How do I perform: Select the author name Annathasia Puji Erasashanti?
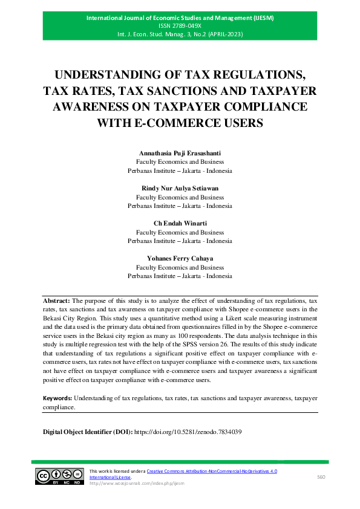click(x=180, y=154)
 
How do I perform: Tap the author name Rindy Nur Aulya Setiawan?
click(x=180, y=188)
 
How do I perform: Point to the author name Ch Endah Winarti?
click(x=180, y=223)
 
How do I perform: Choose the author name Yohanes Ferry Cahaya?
click(x=180, y=258)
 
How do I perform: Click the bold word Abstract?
click(x=56, y=300)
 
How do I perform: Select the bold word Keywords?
click(x=57, y=398)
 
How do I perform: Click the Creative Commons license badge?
click(x=60, y=477)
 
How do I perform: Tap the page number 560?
click(x=322, y=477)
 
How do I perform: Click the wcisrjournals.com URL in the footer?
click(x=136, y=484)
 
